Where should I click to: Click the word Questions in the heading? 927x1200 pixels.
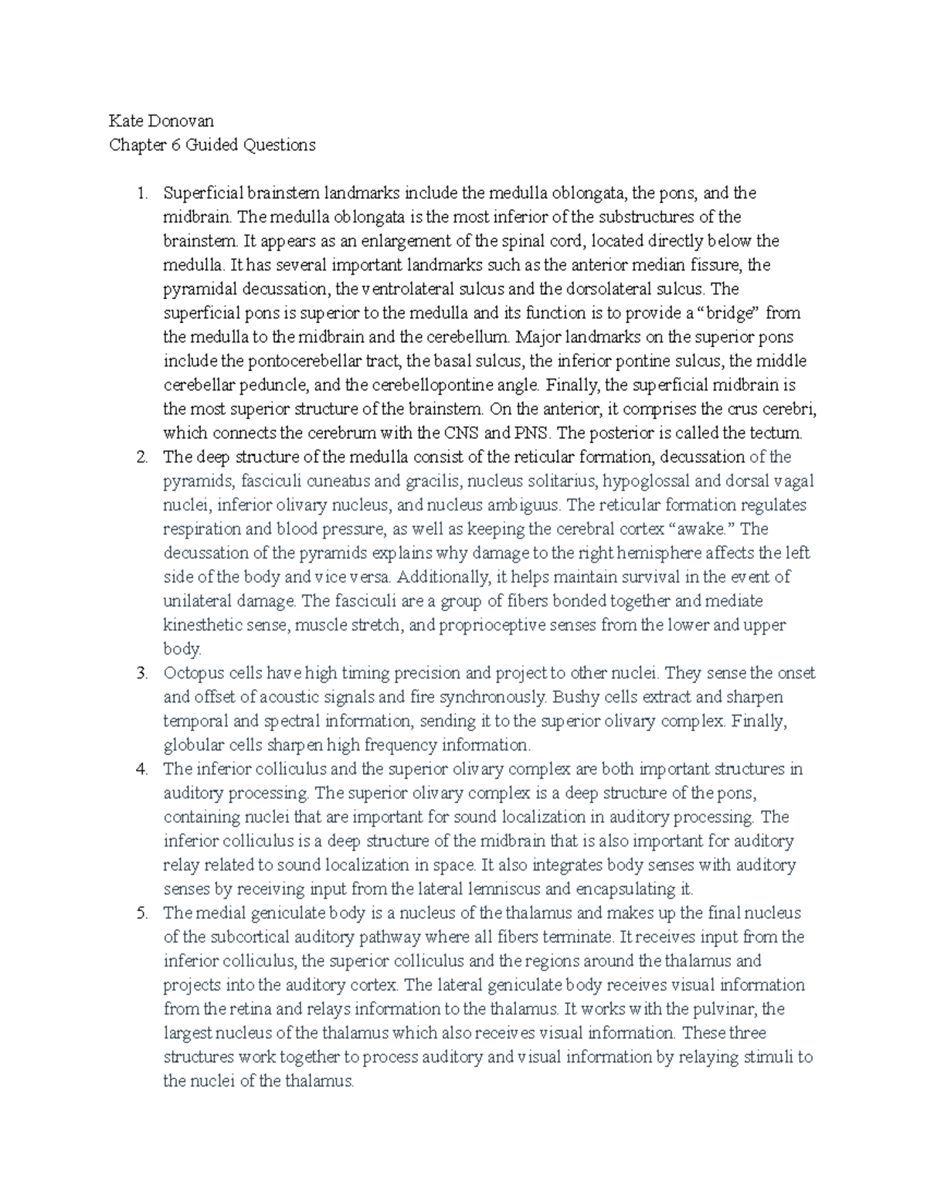tap(279, 145)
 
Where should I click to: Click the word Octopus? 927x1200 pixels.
tap(192, 673)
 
